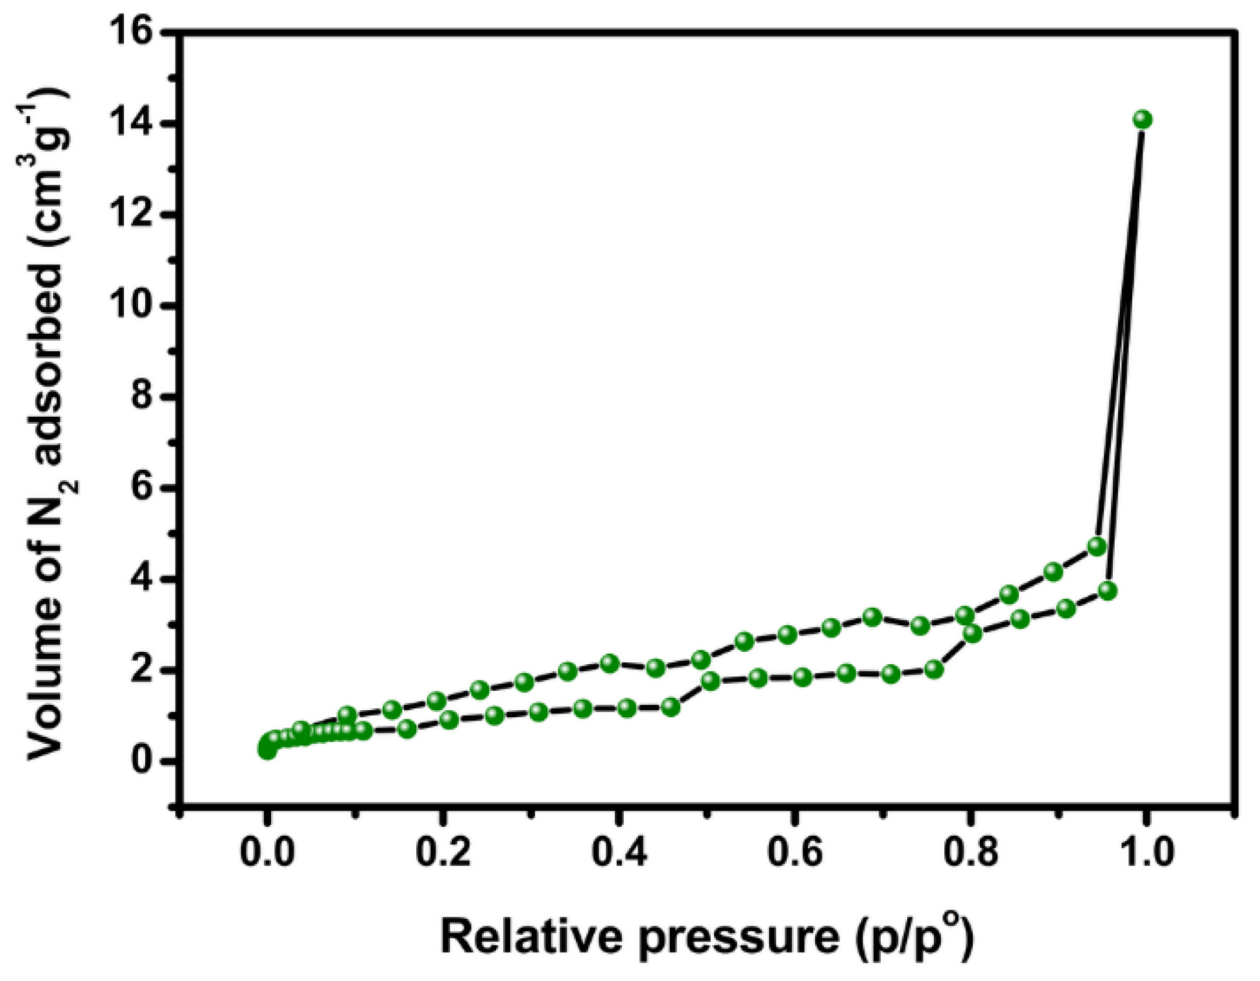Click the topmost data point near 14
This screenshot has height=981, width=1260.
(1143, 119)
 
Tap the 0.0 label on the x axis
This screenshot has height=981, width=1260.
(267, 851)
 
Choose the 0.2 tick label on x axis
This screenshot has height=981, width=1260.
(443, 851)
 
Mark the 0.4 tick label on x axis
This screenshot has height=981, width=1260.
(619, 851)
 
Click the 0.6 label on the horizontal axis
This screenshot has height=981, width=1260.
(795, 851)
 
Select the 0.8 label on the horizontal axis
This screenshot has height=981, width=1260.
(971, 851)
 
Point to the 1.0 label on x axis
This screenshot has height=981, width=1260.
(1147, 851)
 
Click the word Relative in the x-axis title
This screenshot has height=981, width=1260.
(532, 936)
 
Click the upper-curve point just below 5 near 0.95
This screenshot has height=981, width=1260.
(1097, 546)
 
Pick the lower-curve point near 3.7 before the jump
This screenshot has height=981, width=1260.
(1108, 590)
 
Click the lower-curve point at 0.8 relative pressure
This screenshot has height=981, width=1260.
(972, 634)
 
